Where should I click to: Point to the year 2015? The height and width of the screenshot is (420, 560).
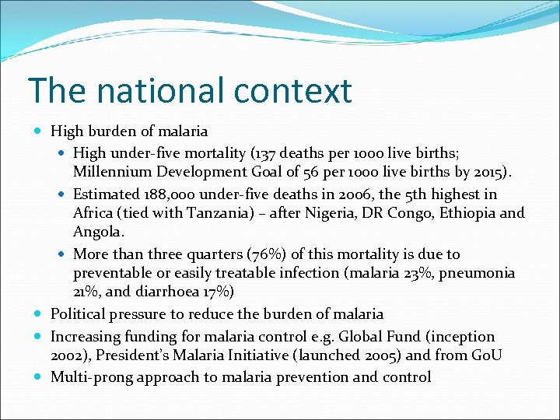(x=485, y=172)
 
